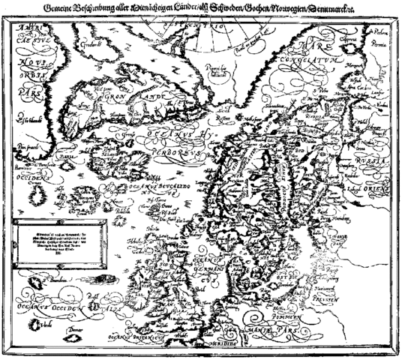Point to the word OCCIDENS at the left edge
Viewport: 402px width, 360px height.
point(24,181)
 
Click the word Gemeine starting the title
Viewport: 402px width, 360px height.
point(63,9)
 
